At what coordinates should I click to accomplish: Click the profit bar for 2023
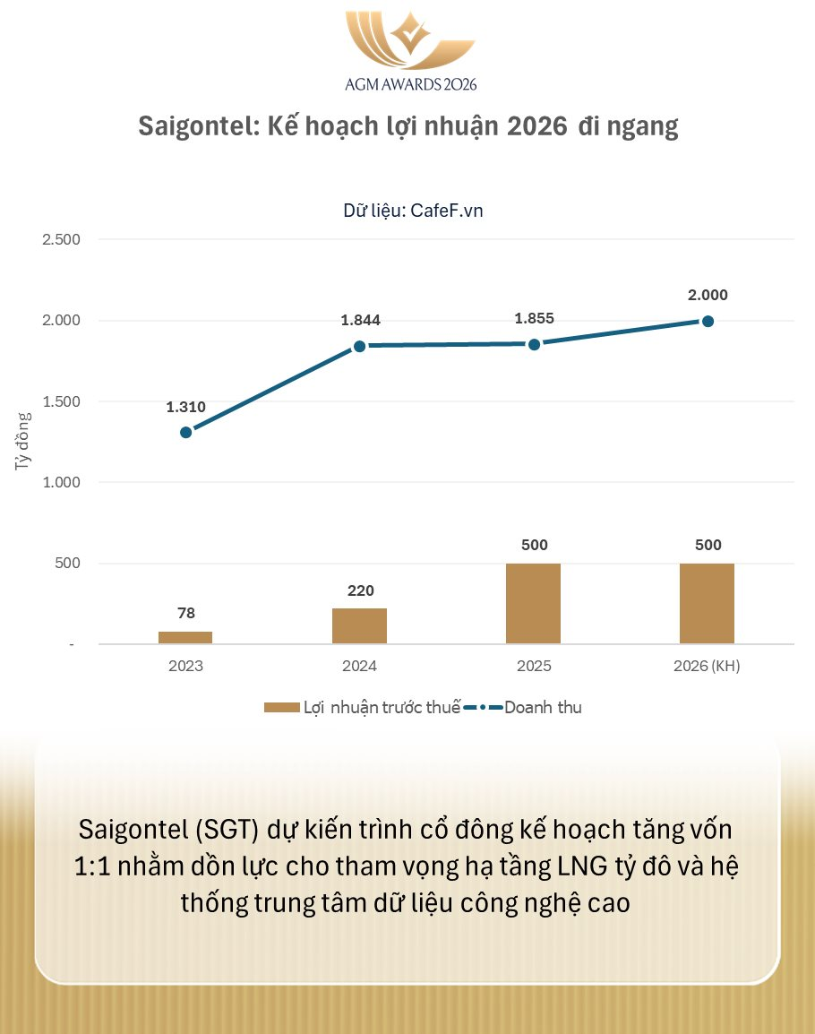(185, 637)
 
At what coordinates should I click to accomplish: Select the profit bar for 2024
(359, 625)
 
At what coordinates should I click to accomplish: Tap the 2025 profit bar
(533, 603)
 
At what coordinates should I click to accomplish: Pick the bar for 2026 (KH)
(707, 603)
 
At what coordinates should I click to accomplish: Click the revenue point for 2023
(185, 432)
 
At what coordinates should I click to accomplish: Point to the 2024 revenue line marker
(359, 346)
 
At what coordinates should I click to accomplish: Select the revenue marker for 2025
(534, 344)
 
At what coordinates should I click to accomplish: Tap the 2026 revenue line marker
(707, 321)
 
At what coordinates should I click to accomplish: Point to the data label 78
(186, 614)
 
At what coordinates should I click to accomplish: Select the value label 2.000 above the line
(708, 295)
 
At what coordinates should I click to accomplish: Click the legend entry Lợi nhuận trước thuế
(363, 707)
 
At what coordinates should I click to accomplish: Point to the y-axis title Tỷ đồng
(22, 442)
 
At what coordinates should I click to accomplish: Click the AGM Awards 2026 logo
(410, 50)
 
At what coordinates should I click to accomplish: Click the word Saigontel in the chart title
(192, 127)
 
